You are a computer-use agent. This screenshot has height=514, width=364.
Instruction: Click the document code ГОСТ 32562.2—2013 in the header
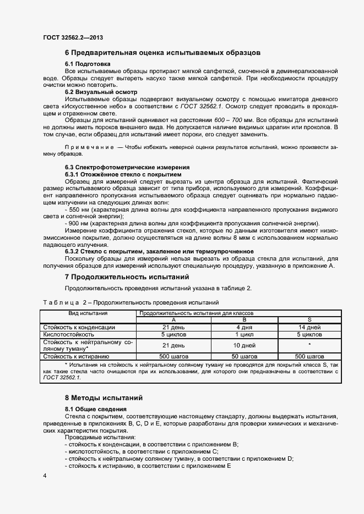click(73, 37)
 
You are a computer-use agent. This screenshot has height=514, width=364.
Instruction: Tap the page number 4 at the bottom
click(44, 474)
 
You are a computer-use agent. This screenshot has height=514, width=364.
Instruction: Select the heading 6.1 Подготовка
click(88, 64)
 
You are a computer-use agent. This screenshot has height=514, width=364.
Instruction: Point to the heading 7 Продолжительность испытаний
click(127, 277)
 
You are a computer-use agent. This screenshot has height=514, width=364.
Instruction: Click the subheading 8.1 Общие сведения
click(96, 409)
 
